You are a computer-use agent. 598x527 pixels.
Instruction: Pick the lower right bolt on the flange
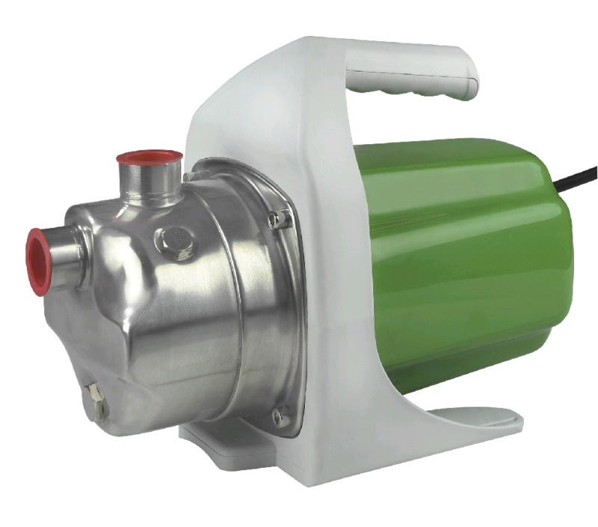point(281,416)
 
